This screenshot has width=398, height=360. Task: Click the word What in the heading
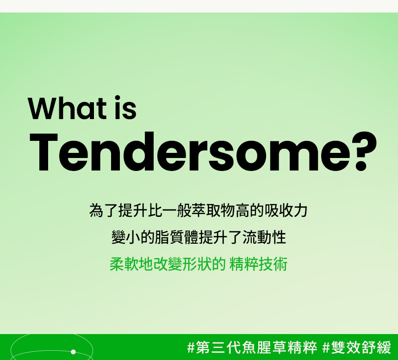pyautogui.click(x=67, y=108)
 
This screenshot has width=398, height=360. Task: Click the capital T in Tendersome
pyautogui.click(x=44, y=152)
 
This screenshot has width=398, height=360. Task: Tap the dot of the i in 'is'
pyautogui.click(x=117, y=98)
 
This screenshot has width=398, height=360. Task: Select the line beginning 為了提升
pyautogui.click(x=199, y=210)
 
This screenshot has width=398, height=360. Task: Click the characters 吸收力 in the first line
pyautogui.click(x=286, y=210)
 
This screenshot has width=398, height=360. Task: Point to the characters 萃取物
pyautogui.click(x=213, y=210)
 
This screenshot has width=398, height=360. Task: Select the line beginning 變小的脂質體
pyautogui.click(x=199, y=237)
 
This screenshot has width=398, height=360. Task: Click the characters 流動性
pyautogui.click(x=264, y=237)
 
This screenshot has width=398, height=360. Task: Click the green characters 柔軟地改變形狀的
pyautogui.click(x=168, y=264)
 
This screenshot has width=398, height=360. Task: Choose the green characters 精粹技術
pyautogui.click(x=258, y=264)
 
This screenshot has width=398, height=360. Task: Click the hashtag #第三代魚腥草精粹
pyautogui.click(x=252, y=347)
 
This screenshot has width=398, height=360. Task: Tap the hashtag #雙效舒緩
pyautogui.click(x=357, y=347)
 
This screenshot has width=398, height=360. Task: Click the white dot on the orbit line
pyautogui.click(x=74, y=352)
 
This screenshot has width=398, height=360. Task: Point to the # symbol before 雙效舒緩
pyautogui.click(x=326, y=347)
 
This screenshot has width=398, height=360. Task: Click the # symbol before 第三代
pyautogui.click(x=191, y=347)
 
